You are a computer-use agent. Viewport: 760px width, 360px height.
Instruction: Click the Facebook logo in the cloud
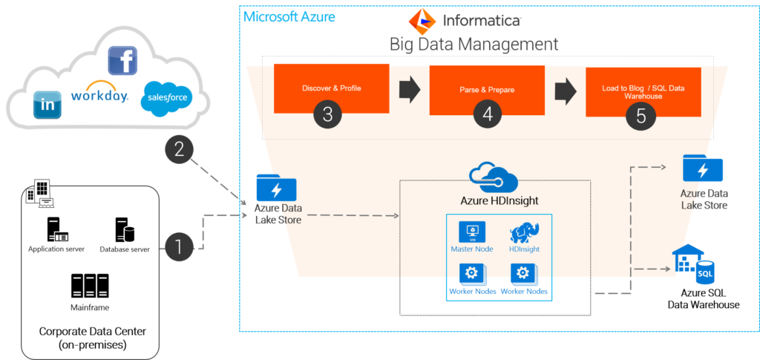coord(122,60)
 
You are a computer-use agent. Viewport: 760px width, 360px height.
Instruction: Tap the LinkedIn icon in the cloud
coord(47,105)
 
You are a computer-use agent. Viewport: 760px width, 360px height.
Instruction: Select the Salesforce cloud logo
coord(167,98)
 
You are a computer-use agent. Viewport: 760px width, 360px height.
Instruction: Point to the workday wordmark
coord(99,95)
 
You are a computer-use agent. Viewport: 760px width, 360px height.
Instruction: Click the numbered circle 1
coord(180,247)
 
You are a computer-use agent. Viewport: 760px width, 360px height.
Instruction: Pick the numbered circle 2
coord(179,149)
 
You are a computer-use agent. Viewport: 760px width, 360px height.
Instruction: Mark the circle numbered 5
coord(641,116)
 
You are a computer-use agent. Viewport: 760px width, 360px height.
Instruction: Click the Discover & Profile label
coord(331,88)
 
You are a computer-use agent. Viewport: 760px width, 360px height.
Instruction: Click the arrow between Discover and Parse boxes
coord(410,90)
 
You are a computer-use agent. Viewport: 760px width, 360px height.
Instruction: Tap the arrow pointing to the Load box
coord(566,90)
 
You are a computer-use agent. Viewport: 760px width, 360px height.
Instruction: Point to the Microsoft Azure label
coord(289,16)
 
